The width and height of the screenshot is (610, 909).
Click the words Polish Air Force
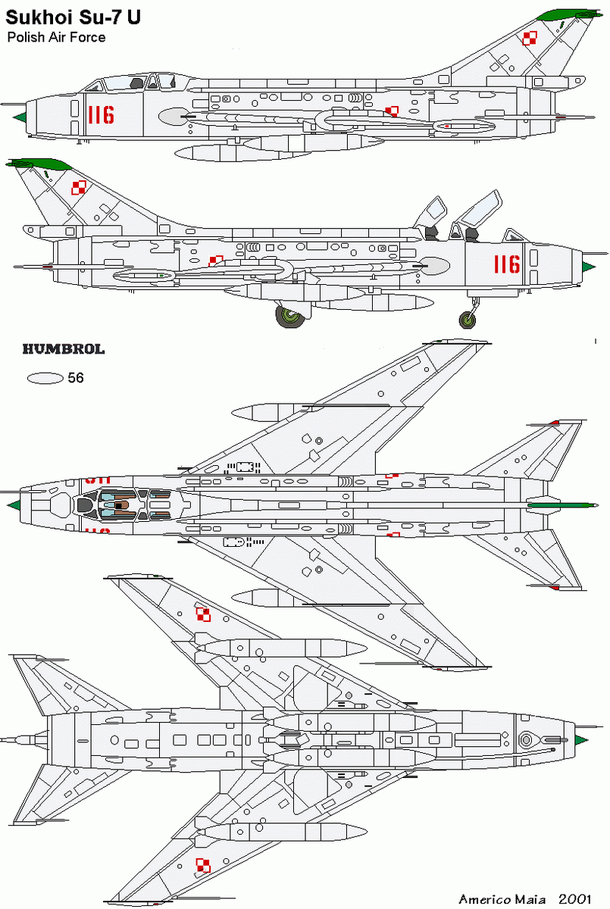(x=57, y=36)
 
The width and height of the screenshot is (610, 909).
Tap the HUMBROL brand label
(x=63, y=350)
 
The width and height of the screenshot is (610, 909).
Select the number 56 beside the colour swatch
(x=75, y=377)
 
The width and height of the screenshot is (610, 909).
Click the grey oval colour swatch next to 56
(x=44, y=378)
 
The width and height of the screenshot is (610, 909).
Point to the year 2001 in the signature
(x=575, y=898)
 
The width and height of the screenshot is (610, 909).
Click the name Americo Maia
(x=502, y=898)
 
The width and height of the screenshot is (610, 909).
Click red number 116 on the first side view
(x=101, y=115)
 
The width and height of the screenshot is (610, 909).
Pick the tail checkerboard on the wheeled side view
(x=79, y=186)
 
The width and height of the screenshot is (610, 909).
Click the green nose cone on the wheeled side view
(x=589, y=266)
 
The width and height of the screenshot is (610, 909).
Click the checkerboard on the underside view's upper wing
(x=202, y=614)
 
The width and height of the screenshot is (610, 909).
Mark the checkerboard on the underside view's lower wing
(x=202, y=865)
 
